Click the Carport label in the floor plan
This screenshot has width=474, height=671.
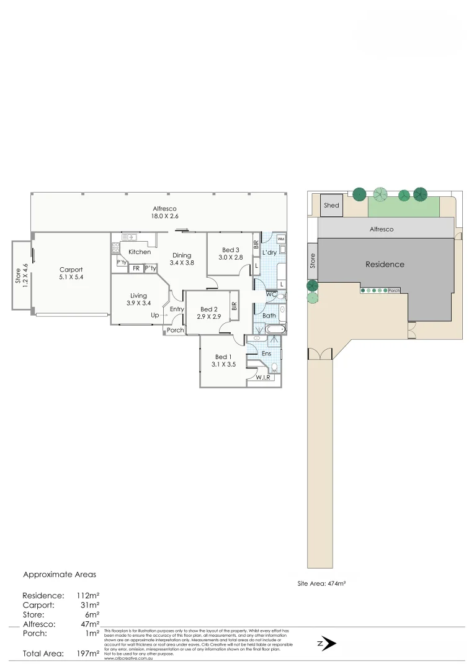[71, 270]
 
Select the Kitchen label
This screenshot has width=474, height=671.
[140, 252]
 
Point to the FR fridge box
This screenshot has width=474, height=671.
[135, 268]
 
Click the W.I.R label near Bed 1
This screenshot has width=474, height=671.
[262, 377]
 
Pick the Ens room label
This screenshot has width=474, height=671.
[266, 354]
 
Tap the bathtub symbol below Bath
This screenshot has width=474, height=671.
[273, 329]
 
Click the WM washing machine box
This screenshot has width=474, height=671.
[280, 239]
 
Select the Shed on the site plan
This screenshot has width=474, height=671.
[331, 206]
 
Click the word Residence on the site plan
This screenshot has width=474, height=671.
[385, 264]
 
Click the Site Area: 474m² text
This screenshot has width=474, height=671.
[321, 584]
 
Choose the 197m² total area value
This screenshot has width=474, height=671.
[87, 654]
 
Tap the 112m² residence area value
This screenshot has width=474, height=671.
[87, 595]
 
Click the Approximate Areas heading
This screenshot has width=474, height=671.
[60, 575]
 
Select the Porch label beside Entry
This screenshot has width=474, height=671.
[176, 330]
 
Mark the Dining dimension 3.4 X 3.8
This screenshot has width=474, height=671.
[182, 263]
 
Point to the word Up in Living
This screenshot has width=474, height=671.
[154, 315]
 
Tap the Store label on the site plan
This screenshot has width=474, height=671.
[313, 261]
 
